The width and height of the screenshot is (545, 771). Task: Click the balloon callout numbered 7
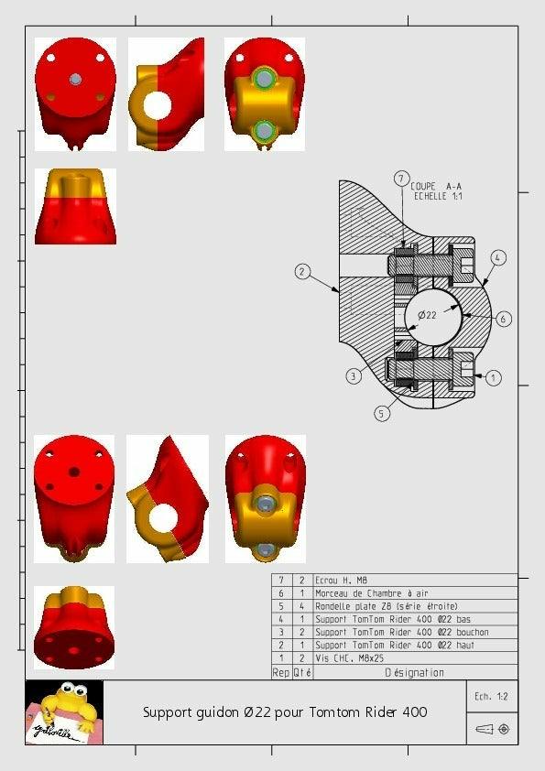(x=401, y=178)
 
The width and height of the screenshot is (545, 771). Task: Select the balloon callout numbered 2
(x=302, y=271)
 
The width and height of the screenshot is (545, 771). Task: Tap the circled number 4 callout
(x=497, y=258)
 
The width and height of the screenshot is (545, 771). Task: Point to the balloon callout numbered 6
(x=504, y=319)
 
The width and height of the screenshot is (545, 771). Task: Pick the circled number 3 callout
(x=354, y=375)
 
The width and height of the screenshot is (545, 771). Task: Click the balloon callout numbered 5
(x=382, y=413)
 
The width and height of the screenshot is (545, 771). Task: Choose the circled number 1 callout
(x=494, y=376)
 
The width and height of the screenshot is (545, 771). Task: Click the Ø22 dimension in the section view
(x=427, y=315)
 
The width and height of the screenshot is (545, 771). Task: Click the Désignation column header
(x=414, y=672)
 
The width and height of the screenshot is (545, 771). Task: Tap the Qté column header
(x=302, y=672)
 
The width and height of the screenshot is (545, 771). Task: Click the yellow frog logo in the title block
(x=63, y=711)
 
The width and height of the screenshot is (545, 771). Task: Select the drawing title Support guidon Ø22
(x=284, y=712)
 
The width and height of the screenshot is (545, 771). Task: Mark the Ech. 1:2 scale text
(x=492, y=698)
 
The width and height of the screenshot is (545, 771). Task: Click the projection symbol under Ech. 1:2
(x=493, y=730)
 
